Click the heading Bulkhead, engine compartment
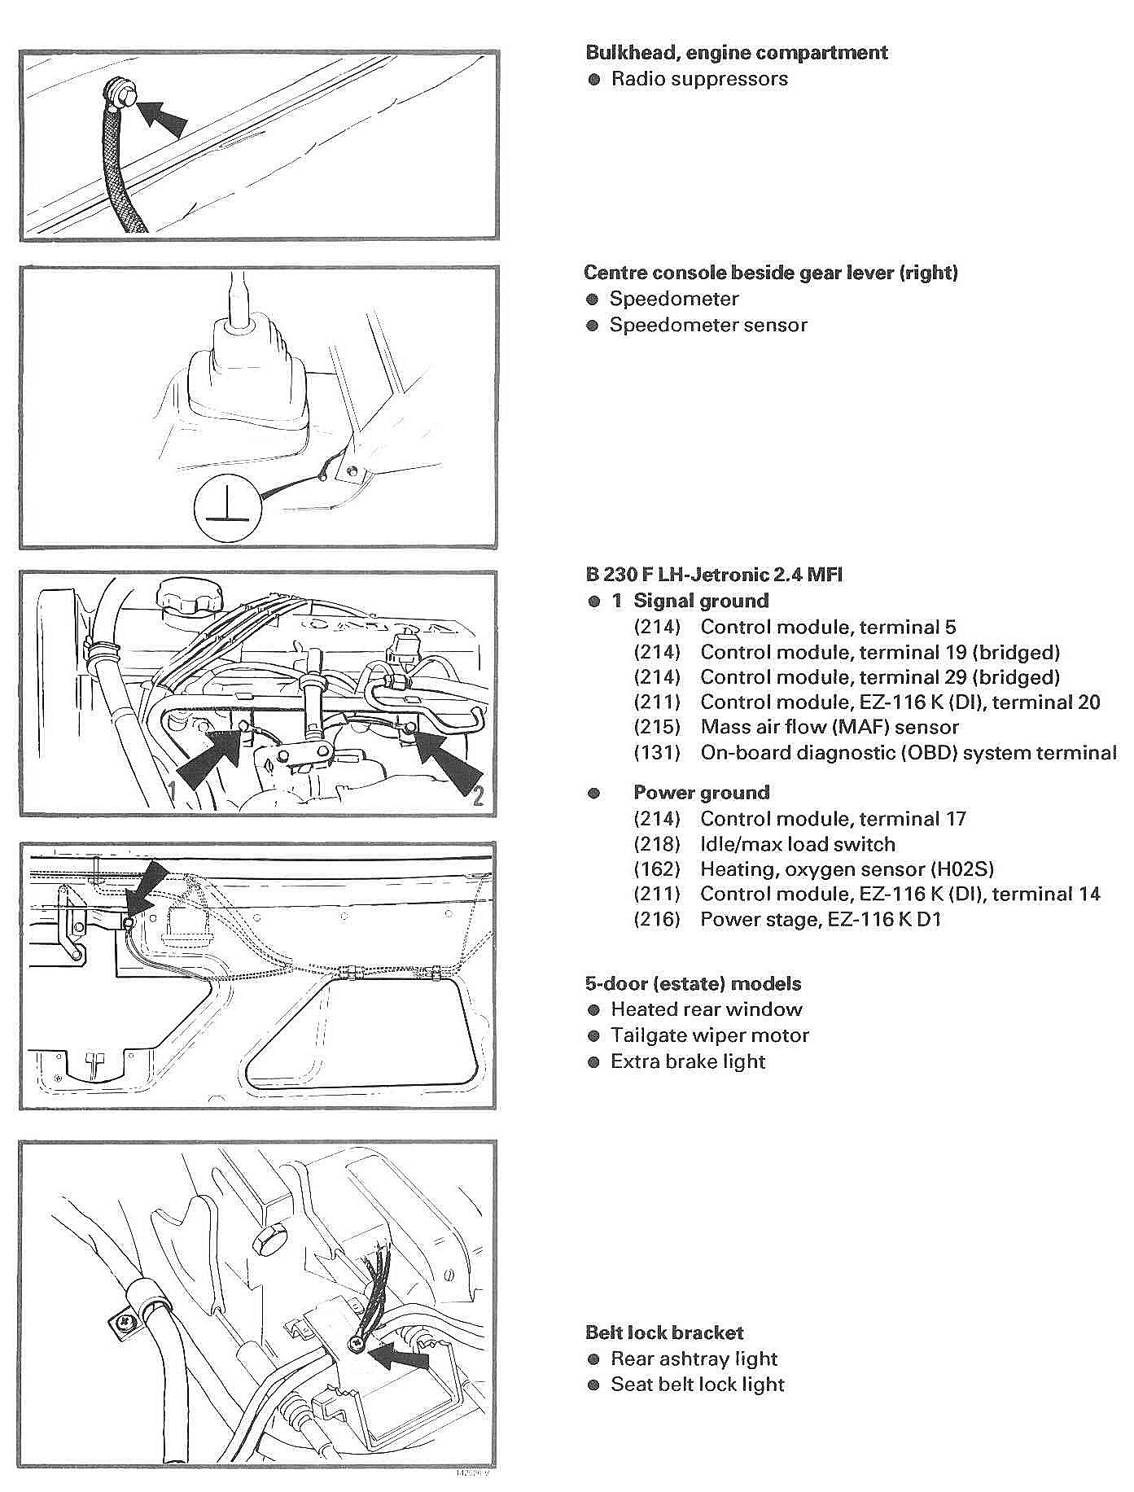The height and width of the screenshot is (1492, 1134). pyautogui.click(x=736, y=53)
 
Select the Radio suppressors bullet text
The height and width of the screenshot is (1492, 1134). pyautogui.click(x=699, y=79)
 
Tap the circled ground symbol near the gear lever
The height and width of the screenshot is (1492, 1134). pyautogui.click(x=227, y=510)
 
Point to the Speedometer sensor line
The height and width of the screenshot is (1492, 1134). pyautogui.click(x=708, y=326)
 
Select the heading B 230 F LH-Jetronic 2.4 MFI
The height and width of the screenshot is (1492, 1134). pyautogui.click(x=714, y=575)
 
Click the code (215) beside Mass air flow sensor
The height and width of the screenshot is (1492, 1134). pyautogui.click(x=656, y=728)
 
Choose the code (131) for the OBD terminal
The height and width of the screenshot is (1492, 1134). pyautogui.click(x=656, y=753)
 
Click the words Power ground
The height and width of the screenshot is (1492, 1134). pyautogui.click(x=701, y=793)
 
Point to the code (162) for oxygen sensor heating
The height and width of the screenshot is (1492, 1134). pyautogui.click(x=656, y=869)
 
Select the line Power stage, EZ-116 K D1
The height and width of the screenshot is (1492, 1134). pyautogui.click(x=821, y=920)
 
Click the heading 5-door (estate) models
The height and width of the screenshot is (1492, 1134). pyautogui.click(x=693, y=984)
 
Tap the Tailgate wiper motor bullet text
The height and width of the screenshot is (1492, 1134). pyautogui.click(x=710, y=1036)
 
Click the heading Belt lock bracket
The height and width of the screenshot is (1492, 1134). pyautogui.click(x=664, y=1333)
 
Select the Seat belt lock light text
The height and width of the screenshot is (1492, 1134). pyautogui.click(x=698, y=1385)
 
